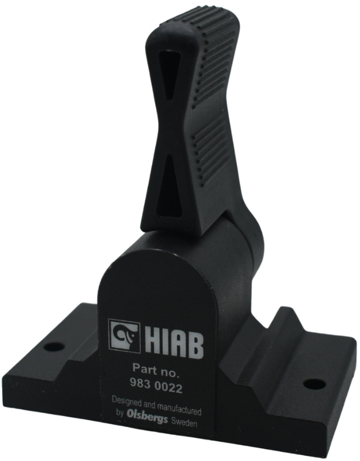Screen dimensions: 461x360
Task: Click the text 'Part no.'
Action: [x=155, y=369]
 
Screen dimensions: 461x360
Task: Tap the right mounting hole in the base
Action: [x=314, y=384]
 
